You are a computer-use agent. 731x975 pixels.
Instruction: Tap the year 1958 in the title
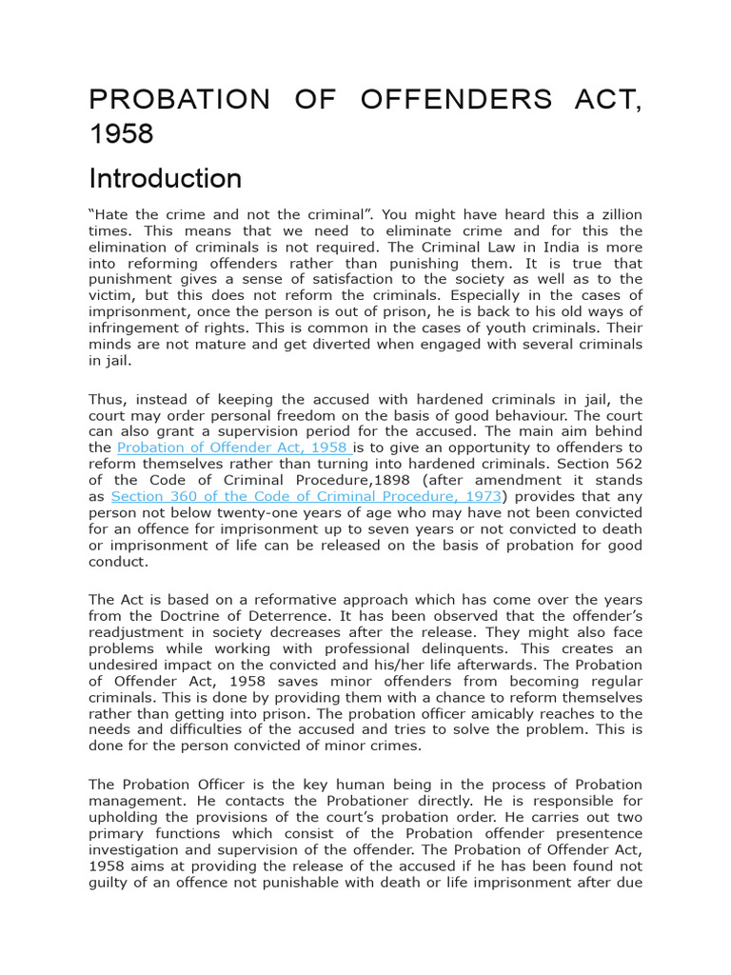click(121, 134)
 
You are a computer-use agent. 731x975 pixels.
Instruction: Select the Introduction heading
click(165, 179)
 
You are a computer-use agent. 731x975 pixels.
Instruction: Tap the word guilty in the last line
click(109, 882)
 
